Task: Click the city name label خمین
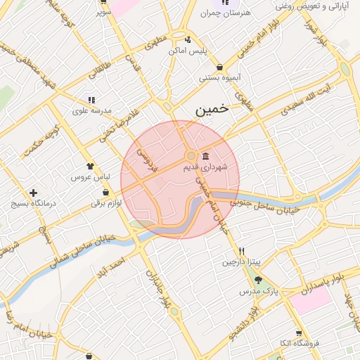[x=212, y=110]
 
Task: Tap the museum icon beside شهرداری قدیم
[x=205, y=155]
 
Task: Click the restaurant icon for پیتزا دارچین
[x=241, y=251]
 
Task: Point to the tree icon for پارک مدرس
[x=258, y=280]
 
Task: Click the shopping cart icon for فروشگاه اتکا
[x=299, y=333]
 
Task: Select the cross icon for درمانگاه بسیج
[x=33, y=193]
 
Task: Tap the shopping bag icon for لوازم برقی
[x=105, y=192]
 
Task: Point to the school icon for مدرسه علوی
[x=91, y=100]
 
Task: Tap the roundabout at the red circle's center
[x=191, y=155]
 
